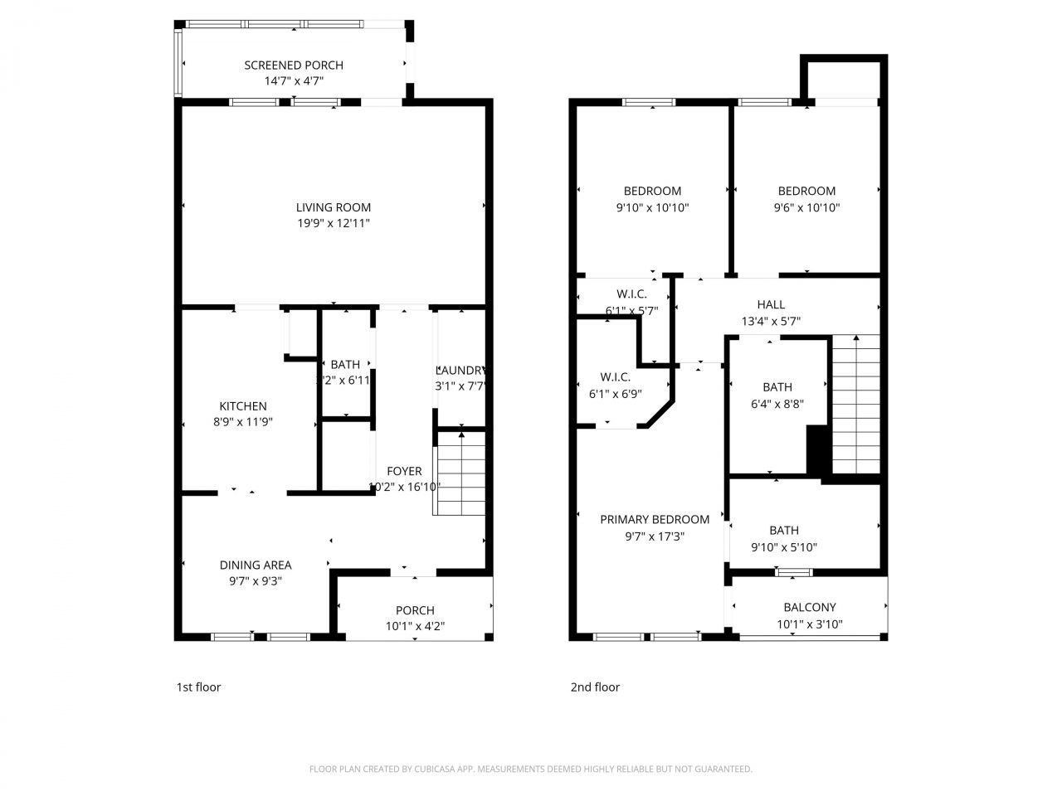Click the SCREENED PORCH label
(293, 65)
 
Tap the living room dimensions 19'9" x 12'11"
(334, 223)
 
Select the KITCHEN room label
(243, 405)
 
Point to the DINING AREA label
(256, 565)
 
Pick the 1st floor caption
(198, 687)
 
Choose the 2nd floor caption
(595, 687)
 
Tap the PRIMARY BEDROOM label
(655, 519)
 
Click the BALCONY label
(810, 607)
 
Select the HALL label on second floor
(771, 304)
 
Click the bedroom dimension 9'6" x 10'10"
(806, 207)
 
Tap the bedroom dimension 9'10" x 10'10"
(652, 207)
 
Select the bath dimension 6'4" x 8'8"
(777, 404)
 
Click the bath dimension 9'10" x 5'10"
(784, 547)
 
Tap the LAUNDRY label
(460, 370)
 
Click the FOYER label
(404, 471)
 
